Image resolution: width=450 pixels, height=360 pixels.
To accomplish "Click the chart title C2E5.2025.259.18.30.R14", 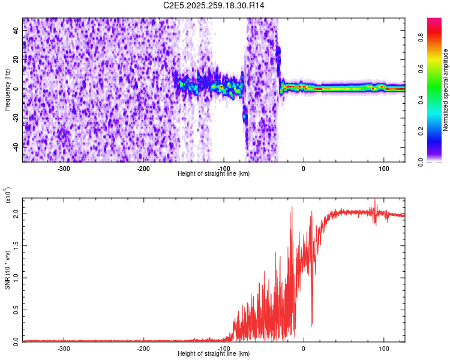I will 214,5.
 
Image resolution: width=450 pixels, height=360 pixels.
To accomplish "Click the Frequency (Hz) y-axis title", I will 7,90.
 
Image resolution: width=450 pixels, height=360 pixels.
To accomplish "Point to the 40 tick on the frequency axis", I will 17,31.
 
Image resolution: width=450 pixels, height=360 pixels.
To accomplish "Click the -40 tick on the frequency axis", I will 16,146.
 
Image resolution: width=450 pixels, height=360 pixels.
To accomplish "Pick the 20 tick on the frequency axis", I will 17,60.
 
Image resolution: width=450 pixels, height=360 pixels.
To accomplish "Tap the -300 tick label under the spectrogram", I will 64,168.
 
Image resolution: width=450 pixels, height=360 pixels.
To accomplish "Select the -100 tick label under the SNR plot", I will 223,348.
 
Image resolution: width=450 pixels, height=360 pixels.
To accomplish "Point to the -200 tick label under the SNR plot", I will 143,348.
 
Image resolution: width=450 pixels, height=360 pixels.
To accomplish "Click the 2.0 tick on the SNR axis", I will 16,214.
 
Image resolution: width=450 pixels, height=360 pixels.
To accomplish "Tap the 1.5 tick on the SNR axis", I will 16,245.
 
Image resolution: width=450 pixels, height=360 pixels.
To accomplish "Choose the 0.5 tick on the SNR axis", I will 16,309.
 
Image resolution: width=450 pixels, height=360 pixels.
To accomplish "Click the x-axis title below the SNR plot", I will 214,354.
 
